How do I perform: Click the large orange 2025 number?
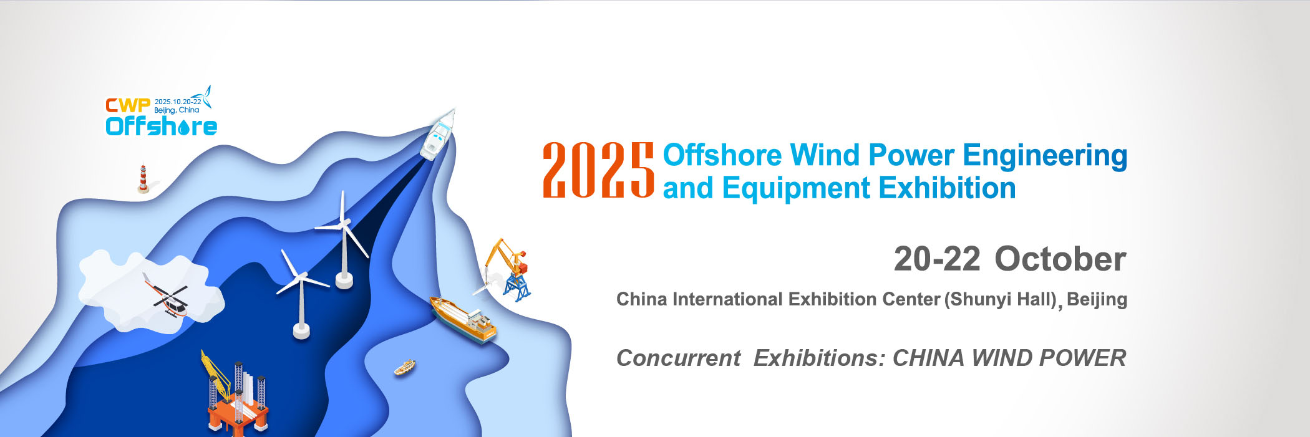598,170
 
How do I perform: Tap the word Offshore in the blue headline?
722,155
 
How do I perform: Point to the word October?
1060,259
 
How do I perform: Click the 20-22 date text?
937,259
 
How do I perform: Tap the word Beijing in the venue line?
1097,300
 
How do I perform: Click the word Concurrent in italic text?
678,358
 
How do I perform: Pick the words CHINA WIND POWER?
1009,358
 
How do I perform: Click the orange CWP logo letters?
128,105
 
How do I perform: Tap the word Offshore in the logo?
161,126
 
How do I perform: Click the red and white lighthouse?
143,178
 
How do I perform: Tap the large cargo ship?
463,320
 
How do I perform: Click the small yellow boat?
405,367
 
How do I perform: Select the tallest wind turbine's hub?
343,223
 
